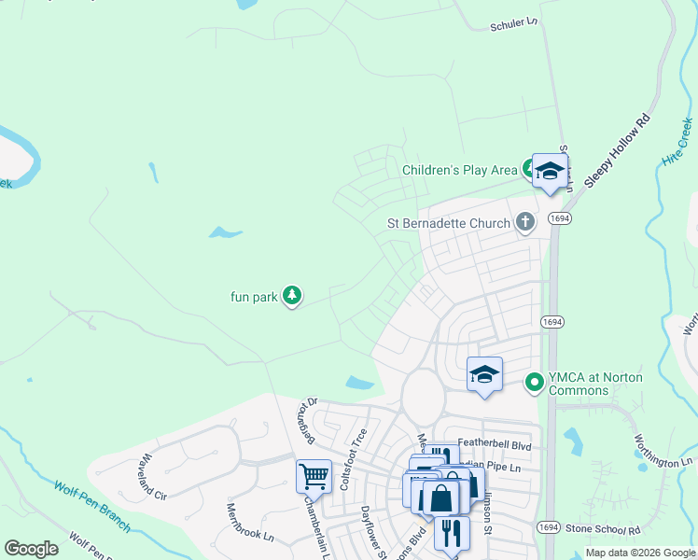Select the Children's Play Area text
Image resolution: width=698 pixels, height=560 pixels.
[459, 170]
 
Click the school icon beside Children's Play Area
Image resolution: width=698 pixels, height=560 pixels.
[550, 171]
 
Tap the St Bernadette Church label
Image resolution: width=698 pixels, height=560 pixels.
[449, 223]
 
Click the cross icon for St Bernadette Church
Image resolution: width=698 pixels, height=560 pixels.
[525, 222]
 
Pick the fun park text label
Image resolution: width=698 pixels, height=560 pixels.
[255, 297]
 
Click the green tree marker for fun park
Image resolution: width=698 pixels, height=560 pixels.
[292, 296]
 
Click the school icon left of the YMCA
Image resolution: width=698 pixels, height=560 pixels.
[484, 374]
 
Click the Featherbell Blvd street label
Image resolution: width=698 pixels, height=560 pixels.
[495, 447]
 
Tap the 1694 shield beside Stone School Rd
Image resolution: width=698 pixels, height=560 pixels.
[549, 528]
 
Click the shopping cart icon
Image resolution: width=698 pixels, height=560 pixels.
[314, 476]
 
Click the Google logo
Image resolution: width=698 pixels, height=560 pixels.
[32, 549]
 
